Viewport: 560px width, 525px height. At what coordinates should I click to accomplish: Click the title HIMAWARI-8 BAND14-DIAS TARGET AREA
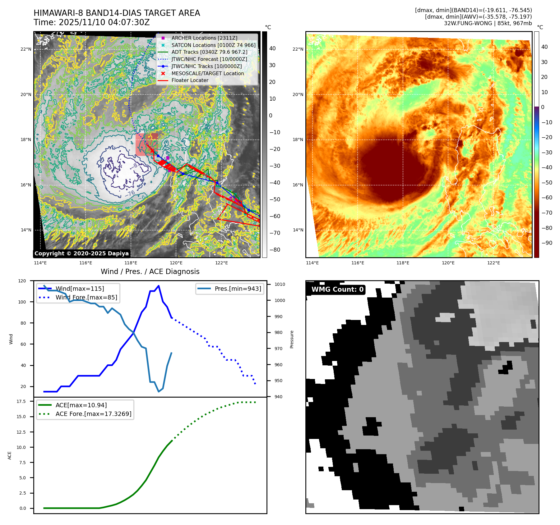click(117, 13)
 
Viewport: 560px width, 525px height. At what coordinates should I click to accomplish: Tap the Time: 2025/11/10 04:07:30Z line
click(92, 22)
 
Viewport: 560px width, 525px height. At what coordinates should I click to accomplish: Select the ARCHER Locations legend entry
click(204, 38)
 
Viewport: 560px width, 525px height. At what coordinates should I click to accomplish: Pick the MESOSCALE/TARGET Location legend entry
click(207, 73)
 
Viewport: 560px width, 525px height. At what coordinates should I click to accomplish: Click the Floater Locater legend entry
click(190, 80)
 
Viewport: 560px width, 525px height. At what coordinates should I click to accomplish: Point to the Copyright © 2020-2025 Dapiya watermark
click(81, 253)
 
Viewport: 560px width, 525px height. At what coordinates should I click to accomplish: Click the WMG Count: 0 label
click(337, 290)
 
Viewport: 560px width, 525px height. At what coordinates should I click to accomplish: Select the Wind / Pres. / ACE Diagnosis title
click(150, 272)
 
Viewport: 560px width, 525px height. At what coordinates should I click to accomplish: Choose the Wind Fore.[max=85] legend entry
click(86, 297)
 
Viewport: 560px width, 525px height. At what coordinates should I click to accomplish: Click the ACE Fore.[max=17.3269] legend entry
click(93, 414)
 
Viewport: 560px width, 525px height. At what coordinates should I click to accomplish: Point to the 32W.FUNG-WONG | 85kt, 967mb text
click(488, 23)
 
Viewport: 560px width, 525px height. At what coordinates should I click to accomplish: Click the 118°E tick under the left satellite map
click(131, 263)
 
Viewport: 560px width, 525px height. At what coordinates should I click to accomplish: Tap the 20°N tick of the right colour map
click(298, 94)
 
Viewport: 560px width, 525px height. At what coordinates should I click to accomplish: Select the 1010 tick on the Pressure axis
click(280, 284)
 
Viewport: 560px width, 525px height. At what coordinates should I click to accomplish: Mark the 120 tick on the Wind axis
click(22, 281)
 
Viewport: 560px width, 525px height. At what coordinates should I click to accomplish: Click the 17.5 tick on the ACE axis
click(21, 401)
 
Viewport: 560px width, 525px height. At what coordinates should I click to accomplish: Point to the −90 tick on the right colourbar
click(547, 243)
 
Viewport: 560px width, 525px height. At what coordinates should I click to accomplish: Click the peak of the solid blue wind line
click(159, 286)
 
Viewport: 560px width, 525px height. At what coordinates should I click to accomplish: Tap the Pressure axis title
click(292, 339)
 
